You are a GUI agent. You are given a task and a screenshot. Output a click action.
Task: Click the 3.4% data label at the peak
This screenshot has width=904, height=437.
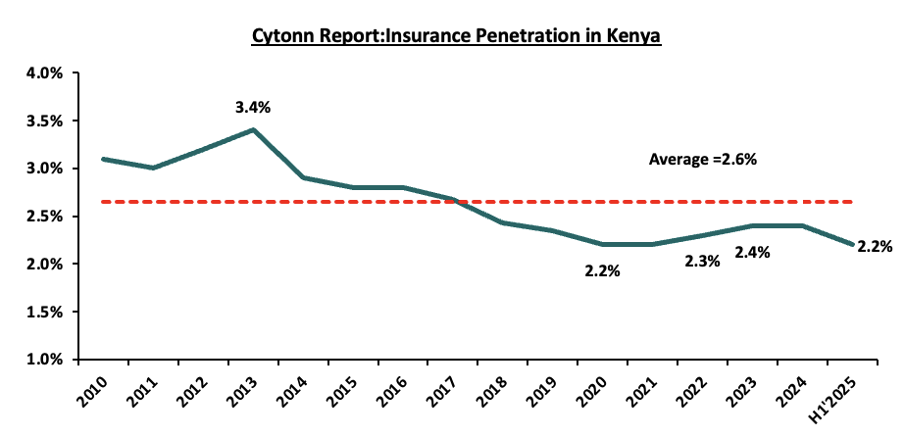tap(252, 107)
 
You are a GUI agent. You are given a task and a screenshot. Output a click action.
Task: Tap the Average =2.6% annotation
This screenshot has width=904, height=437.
tap(702, 159)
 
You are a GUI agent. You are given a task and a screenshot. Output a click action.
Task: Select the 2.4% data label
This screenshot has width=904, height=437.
tap(752, 252)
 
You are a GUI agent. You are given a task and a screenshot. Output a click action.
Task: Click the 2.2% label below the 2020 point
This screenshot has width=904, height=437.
tap(602, 271)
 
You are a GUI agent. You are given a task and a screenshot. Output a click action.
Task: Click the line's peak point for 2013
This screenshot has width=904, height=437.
tap(253, 129)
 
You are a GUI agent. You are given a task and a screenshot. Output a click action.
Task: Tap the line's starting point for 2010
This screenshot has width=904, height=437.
tap(103, 159)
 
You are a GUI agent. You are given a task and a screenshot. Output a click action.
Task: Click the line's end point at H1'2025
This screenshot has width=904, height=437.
tap(851, 245)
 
